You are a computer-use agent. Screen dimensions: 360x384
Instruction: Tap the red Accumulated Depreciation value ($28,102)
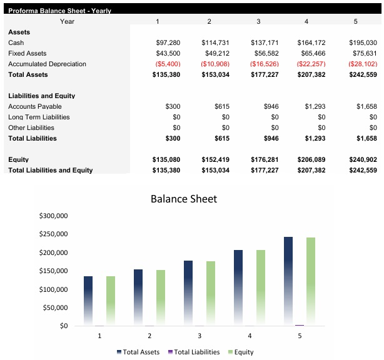363,64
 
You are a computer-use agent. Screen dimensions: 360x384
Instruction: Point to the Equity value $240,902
363,159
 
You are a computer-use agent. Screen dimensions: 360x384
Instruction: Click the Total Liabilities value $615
221,138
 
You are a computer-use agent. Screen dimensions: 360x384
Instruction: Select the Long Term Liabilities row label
39,117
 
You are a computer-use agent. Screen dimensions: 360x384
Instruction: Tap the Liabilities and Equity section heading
41,96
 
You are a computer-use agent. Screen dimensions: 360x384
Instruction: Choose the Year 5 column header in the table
355,22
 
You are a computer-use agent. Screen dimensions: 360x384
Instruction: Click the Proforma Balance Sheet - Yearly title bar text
59,11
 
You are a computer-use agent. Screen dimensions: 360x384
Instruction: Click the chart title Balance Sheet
183,199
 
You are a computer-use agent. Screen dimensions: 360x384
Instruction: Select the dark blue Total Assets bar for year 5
288,281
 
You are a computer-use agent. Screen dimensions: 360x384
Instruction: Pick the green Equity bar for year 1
111,300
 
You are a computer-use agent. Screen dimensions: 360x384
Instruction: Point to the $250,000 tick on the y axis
53,234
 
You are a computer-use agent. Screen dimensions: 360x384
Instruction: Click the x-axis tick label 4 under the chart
250,336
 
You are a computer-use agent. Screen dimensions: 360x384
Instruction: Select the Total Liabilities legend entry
194,352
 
